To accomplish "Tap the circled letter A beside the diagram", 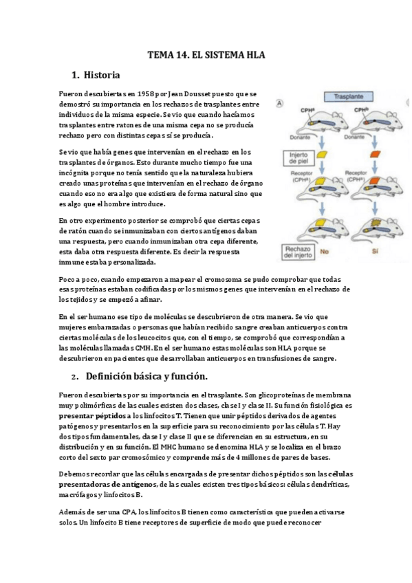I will [279, 104].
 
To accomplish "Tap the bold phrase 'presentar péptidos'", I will [93, 416].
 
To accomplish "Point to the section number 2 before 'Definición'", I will [74, 377].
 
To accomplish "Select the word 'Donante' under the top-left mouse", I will [307, 137].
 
